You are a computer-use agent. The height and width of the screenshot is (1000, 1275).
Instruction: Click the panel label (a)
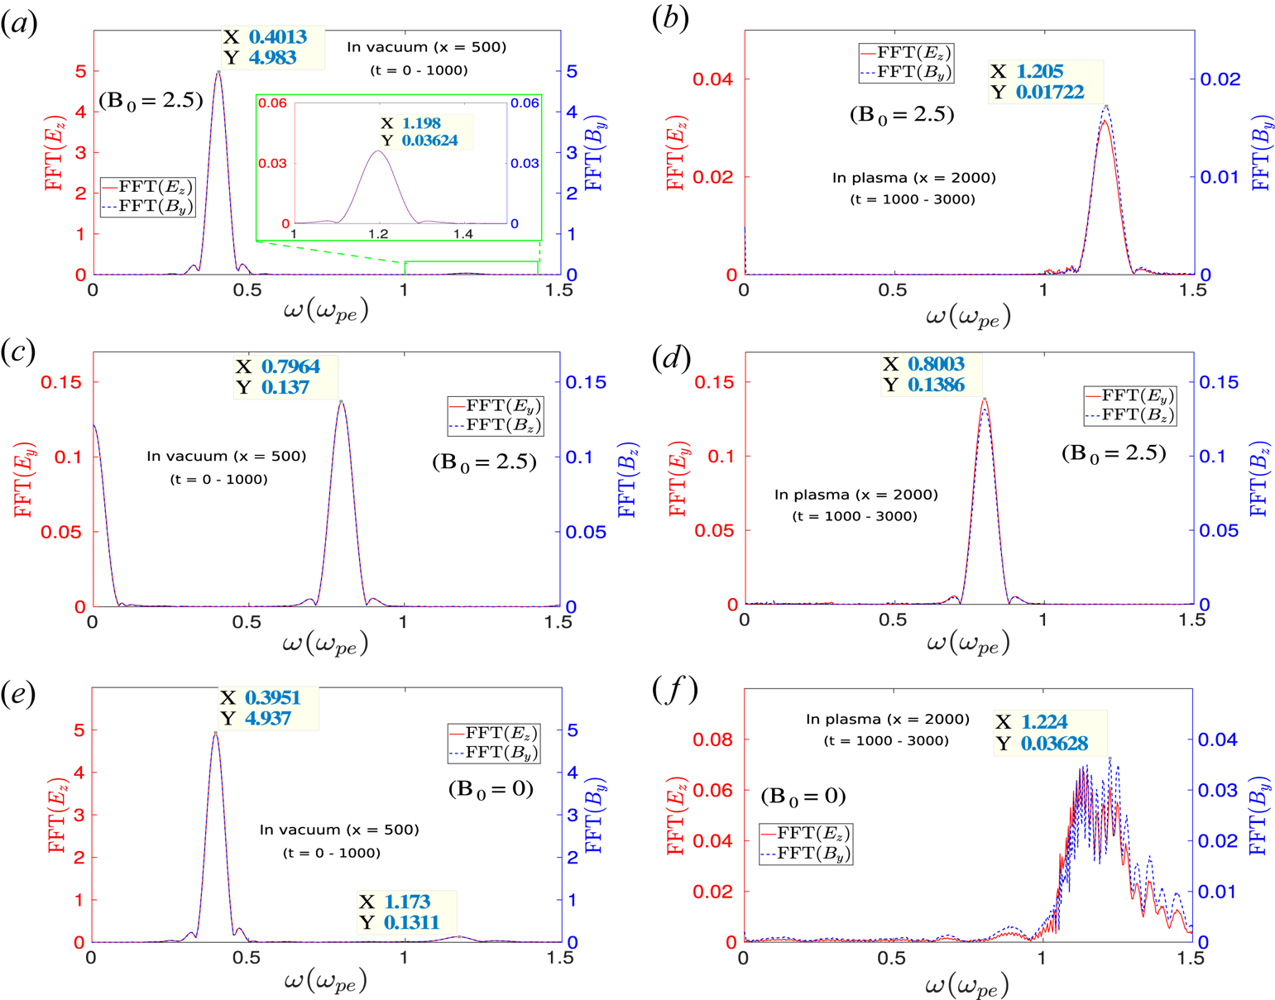19,22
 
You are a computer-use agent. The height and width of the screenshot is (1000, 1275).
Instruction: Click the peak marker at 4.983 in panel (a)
218,71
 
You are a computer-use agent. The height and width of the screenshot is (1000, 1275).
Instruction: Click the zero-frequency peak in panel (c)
94,425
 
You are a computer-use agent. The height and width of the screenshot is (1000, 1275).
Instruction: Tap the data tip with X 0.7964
285,377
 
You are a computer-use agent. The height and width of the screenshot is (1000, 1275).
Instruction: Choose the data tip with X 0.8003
931,375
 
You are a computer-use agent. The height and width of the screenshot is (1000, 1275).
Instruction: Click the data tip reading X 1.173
405,911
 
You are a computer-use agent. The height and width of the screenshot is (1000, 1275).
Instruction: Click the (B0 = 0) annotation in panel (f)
803,797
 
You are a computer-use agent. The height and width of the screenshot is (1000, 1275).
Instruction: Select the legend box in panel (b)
906,62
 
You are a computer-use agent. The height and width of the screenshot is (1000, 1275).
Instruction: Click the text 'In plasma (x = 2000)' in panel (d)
856,495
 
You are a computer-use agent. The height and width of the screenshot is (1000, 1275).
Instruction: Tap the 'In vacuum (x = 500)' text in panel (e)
339,830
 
